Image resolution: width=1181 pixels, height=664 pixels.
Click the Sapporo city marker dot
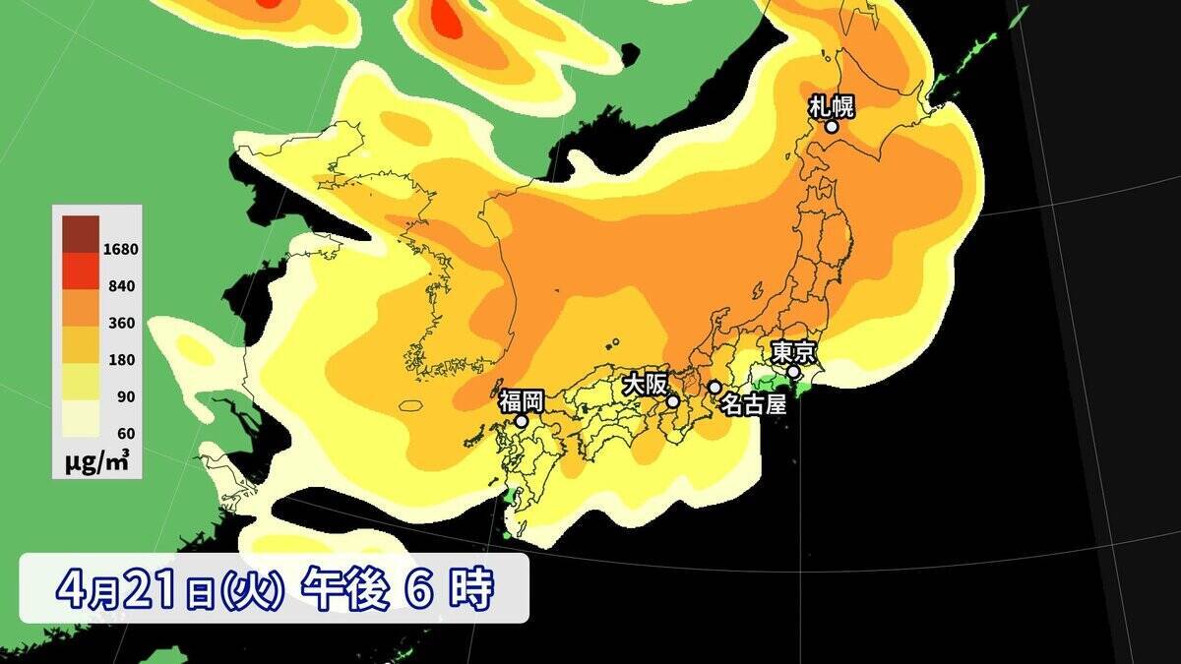(x=832, y=126)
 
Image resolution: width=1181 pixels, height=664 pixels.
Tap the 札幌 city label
(x=831, y=106)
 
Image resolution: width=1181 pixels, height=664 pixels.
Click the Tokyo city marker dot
(x=793, y=372)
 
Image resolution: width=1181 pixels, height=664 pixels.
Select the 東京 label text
(x=791, y=352)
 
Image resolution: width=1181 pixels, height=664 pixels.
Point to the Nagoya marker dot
(x=715, y=387)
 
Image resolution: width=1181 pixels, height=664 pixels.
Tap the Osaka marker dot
(x=673, y=401)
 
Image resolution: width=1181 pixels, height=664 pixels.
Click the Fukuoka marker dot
(x=522, y=421)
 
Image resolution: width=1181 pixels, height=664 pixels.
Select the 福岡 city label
(x=521, y=400)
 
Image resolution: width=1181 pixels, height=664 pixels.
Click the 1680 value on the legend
(x=120, y=249)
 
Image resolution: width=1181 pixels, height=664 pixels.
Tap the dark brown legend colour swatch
(x=81, y=232)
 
